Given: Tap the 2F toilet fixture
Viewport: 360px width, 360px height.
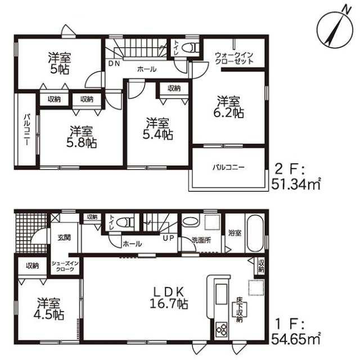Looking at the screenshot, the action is pos(190,48).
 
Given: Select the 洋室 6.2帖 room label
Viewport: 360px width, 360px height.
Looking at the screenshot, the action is pos(228,107).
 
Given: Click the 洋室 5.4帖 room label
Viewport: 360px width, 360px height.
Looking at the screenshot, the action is pos(157,129).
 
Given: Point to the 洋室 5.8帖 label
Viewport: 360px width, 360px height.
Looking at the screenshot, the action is pos(82,137).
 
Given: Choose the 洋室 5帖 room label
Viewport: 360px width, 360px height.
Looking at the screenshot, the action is pos(59,63).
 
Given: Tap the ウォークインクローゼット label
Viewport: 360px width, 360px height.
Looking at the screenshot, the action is pos(234,58).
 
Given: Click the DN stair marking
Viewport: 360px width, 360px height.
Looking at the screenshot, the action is pos(114,64).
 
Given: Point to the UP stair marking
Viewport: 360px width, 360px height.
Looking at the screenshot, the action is pos(169,238).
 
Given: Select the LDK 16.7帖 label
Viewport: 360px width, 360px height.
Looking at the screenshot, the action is pos(169,298).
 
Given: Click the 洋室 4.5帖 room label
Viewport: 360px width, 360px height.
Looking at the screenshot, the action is pos(49,309).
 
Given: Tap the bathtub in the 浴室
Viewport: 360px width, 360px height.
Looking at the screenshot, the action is pos(255,232).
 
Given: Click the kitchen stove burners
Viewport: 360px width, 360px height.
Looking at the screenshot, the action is pos(222,330).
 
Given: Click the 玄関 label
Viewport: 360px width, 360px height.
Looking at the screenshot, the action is pos(64,237).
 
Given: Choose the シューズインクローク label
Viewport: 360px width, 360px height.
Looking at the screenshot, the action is pos(65,266).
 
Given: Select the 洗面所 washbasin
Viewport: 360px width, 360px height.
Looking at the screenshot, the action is pos(190,222).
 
